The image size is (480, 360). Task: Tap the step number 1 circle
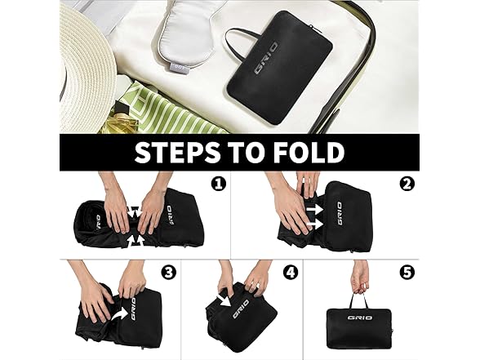pos(219,184)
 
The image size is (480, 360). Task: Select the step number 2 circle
pos(407,184)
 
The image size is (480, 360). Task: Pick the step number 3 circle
pos(169,273)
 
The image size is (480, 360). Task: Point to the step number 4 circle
pos(291,273)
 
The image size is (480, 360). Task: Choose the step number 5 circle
pos(407,273)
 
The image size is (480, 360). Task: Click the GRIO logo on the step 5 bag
pos(360,318)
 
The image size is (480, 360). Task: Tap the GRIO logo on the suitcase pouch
pos(267,58)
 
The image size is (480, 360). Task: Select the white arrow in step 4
pos(226,300)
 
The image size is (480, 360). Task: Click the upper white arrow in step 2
pos(315,209)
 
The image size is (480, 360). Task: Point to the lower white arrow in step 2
pos(315,225)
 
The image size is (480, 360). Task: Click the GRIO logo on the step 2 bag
pos(340,213)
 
